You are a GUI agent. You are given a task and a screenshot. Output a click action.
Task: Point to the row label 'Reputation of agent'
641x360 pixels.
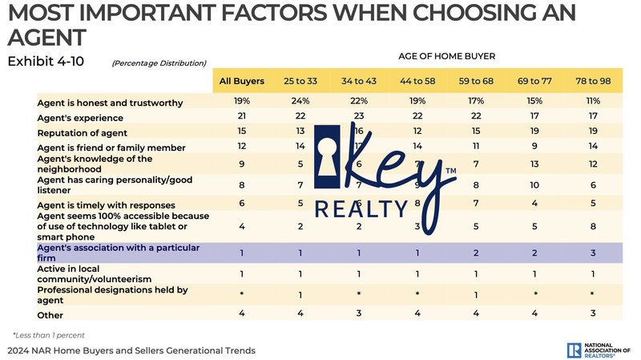(x=85, y=132)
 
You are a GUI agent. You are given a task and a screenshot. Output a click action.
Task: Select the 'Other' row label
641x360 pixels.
(x=50, y=315)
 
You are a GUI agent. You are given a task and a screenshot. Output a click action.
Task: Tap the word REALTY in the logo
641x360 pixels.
(x=361, y=209)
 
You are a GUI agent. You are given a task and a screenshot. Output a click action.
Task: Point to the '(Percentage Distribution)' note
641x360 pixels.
(x=159, y=63)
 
